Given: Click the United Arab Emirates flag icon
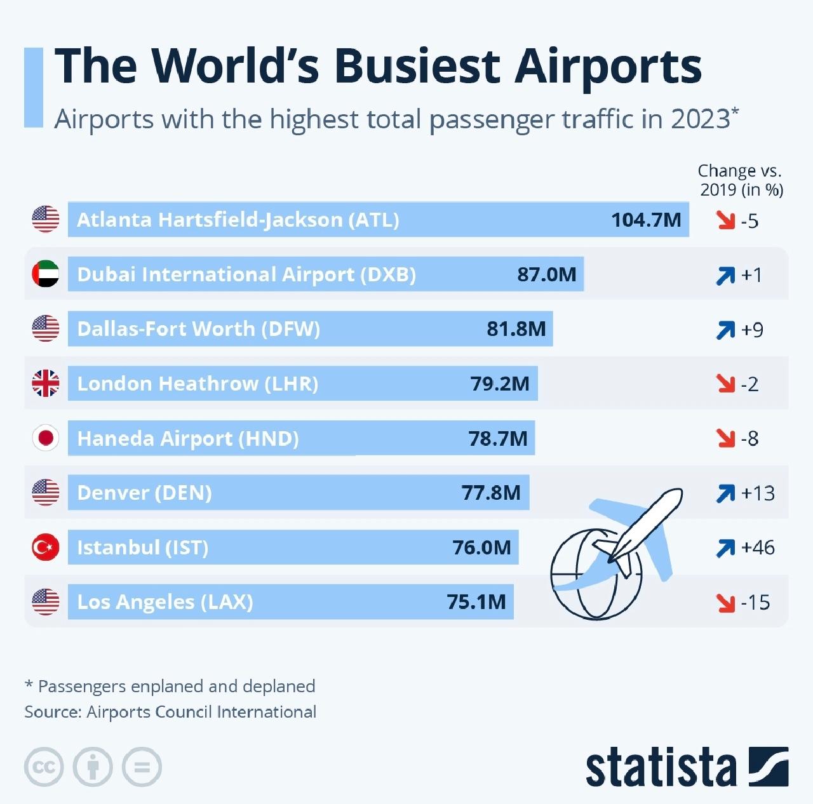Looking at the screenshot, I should [46, 274].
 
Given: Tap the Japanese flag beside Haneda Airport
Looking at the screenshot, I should [46, 438].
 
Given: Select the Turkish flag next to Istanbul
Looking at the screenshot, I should [46, 547].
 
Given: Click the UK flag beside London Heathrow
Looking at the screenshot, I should [46, 384].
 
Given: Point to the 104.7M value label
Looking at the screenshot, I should [646, 220].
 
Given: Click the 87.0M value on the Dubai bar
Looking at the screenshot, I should [547, 274].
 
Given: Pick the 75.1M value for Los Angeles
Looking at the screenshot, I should [476, 601].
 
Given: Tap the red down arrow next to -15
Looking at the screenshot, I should [725, 602].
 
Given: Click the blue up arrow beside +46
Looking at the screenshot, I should [725, 547].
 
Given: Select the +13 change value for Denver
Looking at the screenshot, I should [758, 493].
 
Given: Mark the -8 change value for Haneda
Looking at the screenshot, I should [749, 438].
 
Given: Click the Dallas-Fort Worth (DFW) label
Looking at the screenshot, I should [198, 329].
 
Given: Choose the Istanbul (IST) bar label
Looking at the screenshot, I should [142, 547].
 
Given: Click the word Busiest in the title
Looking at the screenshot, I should [417, 66].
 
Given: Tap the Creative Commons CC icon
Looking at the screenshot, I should [44, 767].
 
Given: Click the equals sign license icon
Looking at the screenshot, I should [142, 767].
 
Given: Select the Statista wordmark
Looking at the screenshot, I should [661, 767].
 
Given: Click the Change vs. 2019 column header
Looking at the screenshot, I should [741, 180].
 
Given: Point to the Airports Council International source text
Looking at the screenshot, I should [201, 712].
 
